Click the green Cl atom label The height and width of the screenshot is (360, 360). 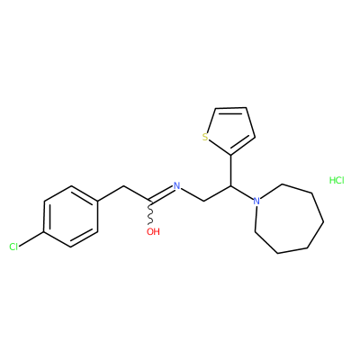coord(13,247)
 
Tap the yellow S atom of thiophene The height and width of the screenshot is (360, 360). coord(205,138)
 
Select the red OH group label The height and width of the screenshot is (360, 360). coord(153,231)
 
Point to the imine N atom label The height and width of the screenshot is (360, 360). coord(177,185)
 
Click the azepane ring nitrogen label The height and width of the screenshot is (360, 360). coord(256,201)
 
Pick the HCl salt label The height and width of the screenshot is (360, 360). coord(337,180)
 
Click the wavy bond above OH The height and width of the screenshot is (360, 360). coord(150,212)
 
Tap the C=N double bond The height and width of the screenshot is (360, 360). coord(161,194)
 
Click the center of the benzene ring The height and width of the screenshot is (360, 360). coord(71,217)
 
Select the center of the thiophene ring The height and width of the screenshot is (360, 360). coord(230,129)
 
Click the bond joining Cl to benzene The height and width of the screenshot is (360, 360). coord(31,239)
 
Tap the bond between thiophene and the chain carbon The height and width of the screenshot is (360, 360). coord(230,170)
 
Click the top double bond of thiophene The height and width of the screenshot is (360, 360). coord(230,110)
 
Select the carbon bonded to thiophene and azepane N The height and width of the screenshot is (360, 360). coord(230,186)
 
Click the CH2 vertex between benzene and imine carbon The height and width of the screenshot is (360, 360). coord(123,186)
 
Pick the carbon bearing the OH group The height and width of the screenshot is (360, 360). coord(150,201)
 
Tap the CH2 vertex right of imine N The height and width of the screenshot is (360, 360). coord(204,201)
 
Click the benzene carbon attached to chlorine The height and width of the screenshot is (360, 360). coord(44,232)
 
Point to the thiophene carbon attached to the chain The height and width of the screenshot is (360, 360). coord(230,155)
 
